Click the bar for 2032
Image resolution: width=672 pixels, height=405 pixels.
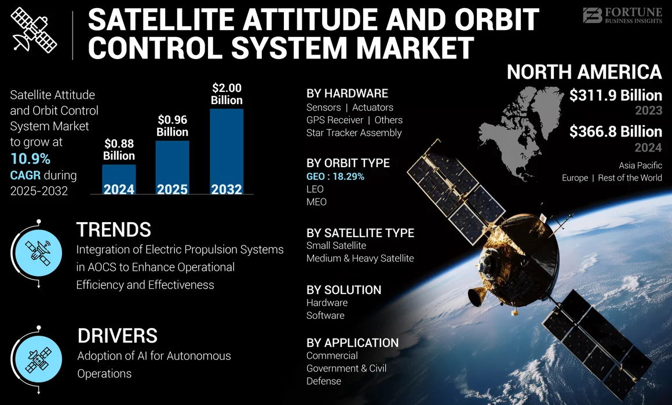(x=227, y=152)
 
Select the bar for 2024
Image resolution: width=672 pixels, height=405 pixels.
(x=119, y=180)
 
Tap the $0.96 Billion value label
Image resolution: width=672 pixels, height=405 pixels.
(x=173, y=126)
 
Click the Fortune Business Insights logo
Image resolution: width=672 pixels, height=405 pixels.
(x=622, y=16)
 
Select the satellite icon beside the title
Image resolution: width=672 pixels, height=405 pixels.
(x=33, y=30)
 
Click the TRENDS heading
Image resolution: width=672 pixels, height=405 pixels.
(x=114, y=230)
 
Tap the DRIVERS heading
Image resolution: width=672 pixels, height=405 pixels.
(x=117, y=336)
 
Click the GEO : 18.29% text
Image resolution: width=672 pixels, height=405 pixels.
(x=335, y=176)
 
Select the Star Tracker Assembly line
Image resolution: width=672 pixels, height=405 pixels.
(x=353, y=132)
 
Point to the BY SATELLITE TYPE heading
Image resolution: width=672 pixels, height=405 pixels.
(x=360, y=233)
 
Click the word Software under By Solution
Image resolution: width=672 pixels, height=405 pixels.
(x=325, y=315)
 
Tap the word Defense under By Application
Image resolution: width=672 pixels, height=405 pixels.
(x=323, y=381)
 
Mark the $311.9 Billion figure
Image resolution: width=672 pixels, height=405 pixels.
(x=615, y=95)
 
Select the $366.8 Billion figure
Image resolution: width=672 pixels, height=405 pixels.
(x=615, y=131)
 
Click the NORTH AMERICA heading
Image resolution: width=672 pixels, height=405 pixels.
(x=584, y=72)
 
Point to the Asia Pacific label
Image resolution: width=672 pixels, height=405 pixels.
(x=640, y=165)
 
